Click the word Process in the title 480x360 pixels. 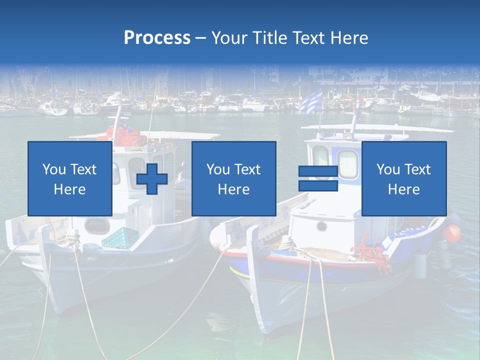157,38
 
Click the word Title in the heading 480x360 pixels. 270,38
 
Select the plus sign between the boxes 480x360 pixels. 152,178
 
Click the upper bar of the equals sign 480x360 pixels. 318,171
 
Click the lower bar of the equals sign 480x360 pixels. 318,185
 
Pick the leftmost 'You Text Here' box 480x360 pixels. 69,178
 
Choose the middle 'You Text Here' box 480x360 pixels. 233,178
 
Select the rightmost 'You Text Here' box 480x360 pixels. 403,178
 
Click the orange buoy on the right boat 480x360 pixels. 452,233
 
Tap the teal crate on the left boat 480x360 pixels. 120,238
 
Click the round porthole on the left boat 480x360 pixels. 96,226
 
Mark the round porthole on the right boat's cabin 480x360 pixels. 321,226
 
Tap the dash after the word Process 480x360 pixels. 201,38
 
